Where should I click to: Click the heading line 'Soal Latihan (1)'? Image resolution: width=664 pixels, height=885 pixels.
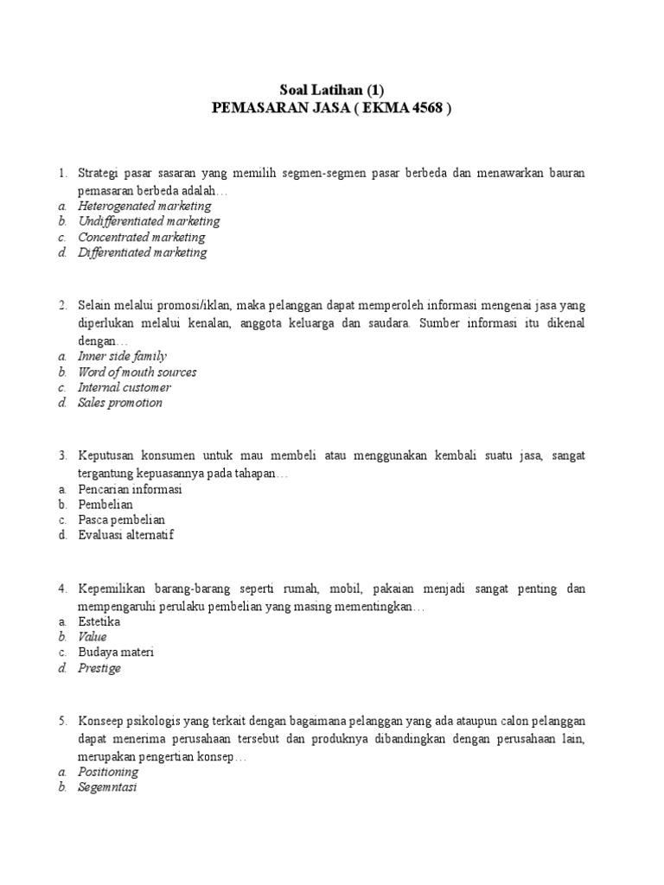click(x=331, y=91)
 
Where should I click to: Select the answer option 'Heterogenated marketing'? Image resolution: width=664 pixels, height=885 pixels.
click(x=144, y=206)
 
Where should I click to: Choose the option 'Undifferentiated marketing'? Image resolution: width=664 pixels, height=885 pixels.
click(x=149, y=221)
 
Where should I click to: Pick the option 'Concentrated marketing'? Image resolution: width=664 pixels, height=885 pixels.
click(x=142, y=237)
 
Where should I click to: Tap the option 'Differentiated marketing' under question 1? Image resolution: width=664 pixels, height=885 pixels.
click(x=143, y=252)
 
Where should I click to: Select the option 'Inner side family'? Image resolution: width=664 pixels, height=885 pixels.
click(x=122, y=356)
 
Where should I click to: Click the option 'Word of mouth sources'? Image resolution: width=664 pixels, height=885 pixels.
click(x=137, y=372)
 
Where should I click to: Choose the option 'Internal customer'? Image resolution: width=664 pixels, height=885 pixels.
click(x=124, y=387)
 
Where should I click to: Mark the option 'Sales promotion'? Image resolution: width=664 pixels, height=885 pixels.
click(x=120, y=403)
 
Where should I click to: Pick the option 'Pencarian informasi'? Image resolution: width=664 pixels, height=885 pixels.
click(x=130, y=489)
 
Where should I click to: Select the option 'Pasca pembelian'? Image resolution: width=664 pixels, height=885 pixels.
click(x=122, y=519)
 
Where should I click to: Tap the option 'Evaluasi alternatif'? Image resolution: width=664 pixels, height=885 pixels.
click(x=126, y=535)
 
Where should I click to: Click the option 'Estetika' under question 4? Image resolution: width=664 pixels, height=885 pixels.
click(x=99, y=621)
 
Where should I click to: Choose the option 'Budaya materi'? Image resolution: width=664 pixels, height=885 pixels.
click(x=116, y=653)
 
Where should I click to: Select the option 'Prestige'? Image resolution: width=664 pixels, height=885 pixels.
click(x=99, y=668)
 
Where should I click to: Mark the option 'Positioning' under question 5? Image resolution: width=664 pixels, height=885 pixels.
click(x=108, y=772)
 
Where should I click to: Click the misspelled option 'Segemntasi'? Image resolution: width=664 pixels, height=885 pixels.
click(x=107, y=787)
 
